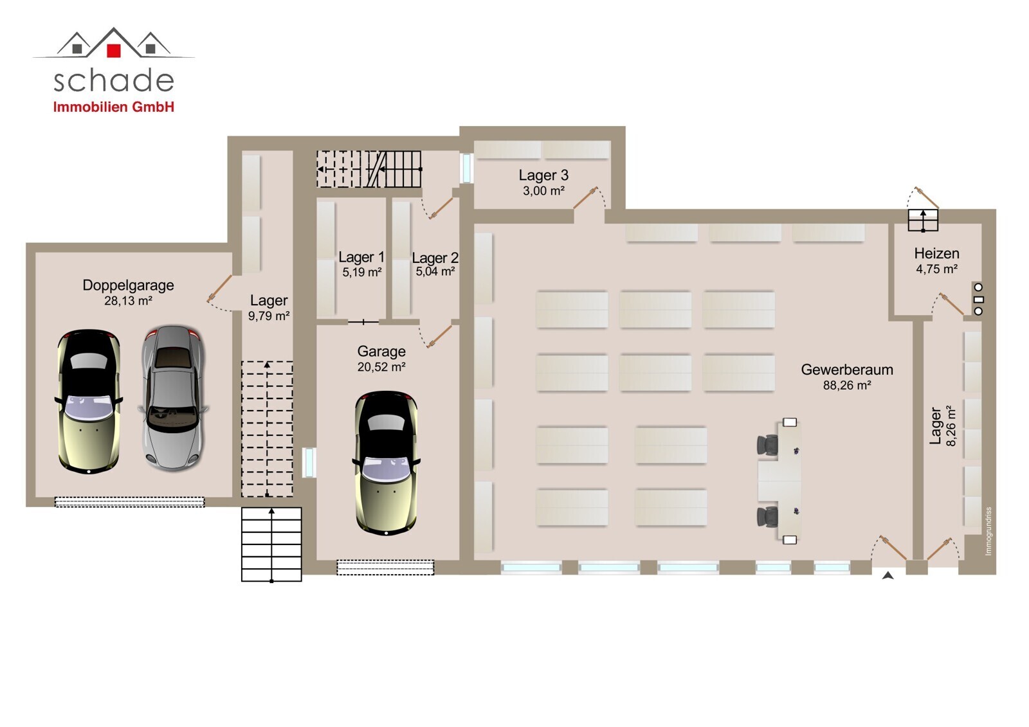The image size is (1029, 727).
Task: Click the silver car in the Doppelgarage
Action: tap(173, 398)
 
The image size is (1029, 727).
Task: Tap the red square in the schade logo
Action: tap(113, 51)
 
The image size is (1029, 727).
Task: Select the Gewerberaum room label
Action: tap(846, 370)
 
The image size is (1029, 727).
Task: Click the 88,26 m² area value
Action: tap(846, 385)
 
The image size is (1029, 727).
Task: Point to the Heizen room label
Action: tap(936, 253)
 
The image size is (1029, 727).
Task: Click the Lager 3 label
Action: tap(543, 175)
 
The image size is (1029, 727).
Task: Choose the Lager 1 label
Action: tap(361, 256)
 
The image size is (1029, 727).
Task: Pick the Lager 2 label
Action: tap(435, 258)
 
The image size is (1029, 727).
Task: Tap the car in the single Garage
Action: tap(386, 463)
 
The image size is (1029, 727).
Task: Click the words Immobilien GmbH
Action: tap(113, 107)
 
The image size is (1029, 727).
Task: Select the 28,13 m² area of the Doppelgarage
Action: tap(128, 301)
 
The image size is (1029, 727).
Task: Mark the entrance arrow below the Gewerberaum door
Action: tap(888, 575)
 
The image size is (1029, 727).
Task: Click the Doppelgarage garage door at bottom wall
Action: tap(129, 502)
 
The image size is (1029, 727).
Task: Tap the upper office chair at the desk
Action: tap(767, 445)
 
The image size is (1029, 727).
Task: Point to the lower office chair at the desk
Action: tap(767, 517)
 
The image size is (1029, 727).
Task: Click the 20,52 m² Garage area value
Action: tap(381, 367)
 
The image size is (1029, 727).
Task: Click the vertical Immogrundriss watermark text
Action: tap(988, 532)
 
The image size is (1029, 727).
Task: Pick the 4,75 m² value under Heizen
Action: tap(936, 269)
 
